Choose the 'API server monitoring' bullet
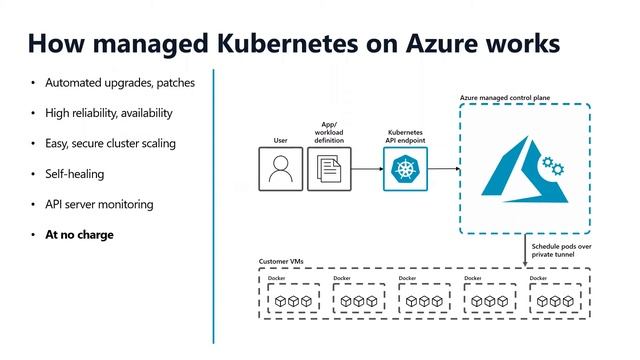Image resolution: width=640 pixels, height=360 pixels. click(98, 204)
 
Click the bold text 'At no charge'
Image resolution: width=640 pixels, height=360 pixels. click(79, 235)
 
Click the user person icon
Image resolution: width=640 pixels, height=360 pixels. click(280, 169)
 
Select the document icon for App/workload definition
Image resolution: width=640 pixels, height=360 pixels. click(327, 169)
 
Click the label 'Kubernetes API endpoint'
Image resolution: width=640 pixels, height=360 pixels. click(407, 136)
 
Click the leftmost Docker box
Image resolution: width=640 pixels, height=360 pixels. click(291, 298)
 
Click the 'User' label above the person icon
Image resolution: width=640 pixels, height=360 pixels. click(280, 141)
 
